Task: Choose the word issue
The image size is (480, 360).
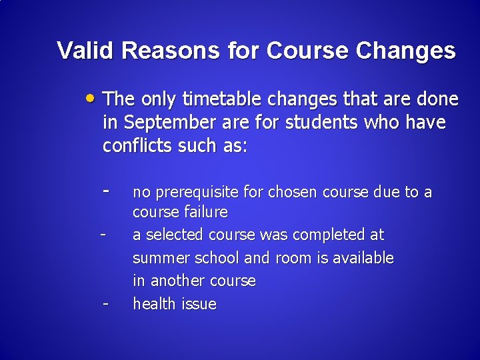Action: pos(199,304)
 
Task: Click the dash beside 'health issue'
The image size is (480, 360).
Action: pos(105,303)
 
